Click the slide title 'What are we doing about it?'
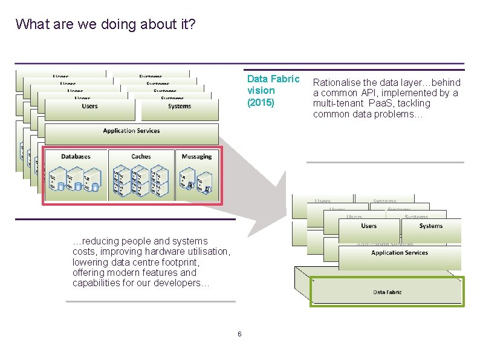[x=105, y=24]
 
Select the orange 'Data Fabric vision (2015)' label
[x=273, y=91]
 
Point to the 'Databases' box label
[x=76, y=157]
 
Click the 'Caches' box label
[x=141, y=157]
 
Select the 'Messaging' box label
[x=196, y=157]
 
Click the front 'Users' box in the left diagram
[x=89, y=106]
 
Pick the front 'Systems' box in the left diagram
[x=180, y=106]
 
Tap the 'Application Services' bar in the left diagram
[x=131, y=131]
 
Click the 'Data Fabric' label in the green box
[x=387, y=292]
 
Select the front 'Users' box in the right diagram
[x=369, y=226]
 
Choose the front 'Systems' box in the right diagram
[x=430, y=226]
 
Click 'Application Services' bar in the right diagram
[x=400, y=253]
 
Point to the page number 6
[x=239, y=335]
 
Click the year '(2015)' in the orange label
[x=261, y=102]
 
